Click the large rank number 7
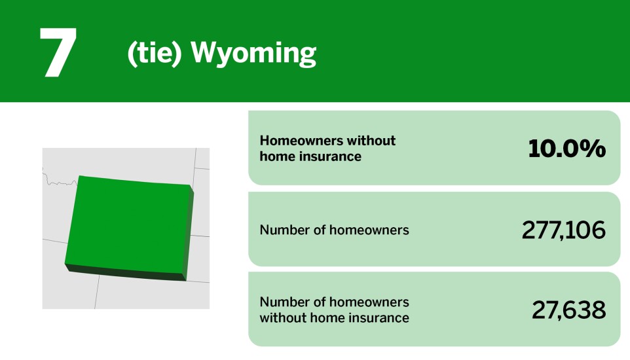pos(58,54)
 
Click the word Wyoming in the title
pos(253,54)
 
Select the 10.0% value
pos(566,149)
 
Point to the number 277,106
pos(563,230)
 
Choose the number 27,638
pos(568,310)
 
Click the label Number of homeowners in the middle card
pos(334,230)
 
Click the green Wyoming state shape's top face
pos(128,223)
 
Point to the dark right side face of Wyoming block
pos(190,232)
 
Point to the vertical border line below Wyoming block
pos(97,291)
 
